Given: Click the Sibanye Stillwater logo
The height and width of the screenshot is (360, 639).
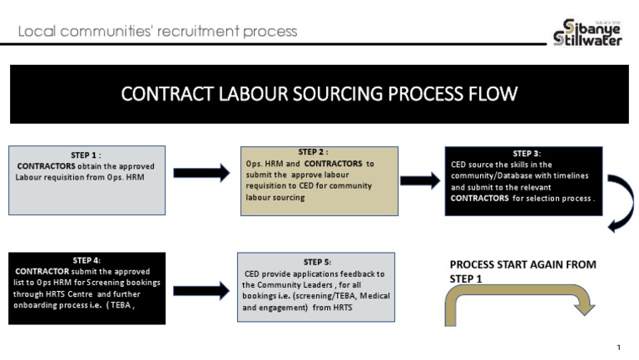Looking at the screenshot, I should click(x=587, y=32).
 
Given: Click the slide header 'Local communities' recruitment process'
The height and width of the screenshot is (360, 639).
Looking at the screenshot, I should click(x=157, y=32).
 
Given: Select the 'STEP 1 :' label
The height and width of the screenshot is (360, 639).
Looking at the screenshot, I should click(x=86, y=155).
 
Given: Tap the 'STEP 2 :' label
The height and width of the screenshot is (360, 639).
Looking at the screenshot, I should click(x=312, y=152).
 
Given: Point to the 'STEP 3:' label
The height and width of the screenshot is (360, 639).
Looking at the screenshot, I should click(x=527, y=154).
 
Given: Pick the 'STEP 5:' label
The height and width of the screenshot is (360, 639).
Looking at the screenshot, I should click(x=317, y=262).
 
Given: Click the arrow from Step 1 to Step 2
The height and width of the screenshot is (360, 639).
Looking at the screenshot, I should click(x=201, y=173).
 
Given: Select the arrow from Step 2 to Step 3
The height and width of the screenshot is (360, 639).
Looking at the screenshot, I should click(x=419, y=180).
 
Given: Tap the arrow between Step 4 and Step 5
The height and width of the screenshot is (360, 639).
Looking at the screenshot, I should click(x=201, y=290).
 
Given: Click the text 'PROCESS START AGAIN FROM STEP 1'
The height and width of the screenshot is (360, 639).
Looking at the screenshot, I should click(x=523, y=271).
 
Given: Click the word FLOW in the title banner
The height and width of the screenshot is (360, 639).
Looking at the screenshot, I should click(x=490, y=93).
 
